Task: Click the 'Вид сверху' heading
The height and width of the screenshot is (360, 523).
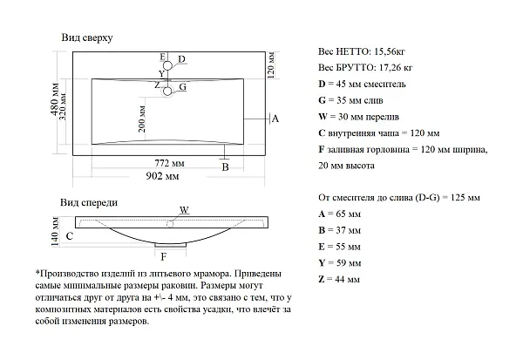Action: (x=87, y=37)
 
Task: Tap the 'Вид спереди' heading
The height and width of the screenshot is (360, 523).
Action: (x=89, y=202)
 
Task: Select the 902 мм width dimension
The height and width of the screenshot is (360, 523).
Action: (x=162, y=176)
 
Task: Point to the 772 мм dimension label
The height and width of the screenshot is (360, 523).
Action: (x=169, y=163)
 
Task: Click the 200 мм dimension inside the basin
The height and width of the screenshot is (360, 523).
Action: (x=142, y=119)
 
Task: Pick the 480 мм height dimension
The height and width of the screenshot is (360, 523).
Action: (x=55, y=99)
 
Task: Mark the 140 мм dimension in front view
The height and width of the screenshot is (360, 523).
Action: (x=55, y=231)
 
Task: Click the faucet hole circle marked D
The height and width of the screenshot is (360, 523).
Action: (x=167, y=65)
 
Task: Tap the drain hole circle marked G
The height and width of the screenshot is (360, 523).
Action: (x=167, y=91)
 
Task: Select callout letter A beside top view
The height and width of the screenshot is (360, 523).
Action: (x=275, y=119)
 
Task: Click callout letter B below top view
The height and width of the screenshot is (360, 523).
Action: (x=226, y=166)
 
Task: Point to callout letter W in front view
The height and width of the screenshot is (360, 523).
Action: (x=185, y=210)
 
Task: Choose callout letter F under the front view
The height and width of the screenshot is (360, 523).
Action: (x=164, y=257)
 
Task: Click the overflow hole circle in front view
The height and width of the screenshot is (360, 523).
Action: (x=170, y=224)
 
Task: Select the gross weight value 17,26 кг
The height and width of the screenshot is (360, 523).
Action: (x=396, y=68)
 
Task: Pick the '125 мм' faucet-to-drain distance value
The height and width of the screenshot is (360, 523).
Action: (x=465, y=198)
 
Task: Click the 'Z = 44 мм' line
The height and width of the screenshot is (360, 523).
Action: (x=339, y=279)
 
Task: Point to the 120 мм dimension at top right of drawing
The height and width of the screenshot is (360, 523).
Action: (x=271, y=65)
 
